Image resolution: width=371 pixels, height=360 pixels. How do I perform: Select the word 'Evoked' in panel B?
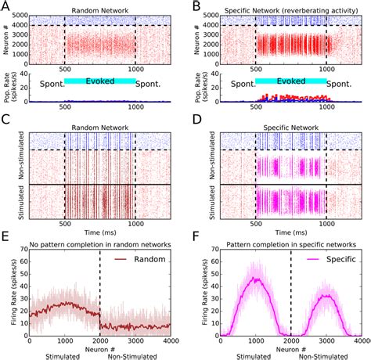pyautogui.click(x=291, y=81)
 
